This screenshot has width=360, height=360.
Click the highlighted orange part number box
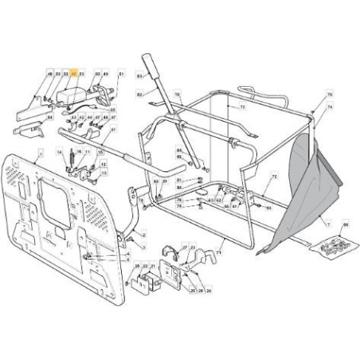point(74,74)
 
